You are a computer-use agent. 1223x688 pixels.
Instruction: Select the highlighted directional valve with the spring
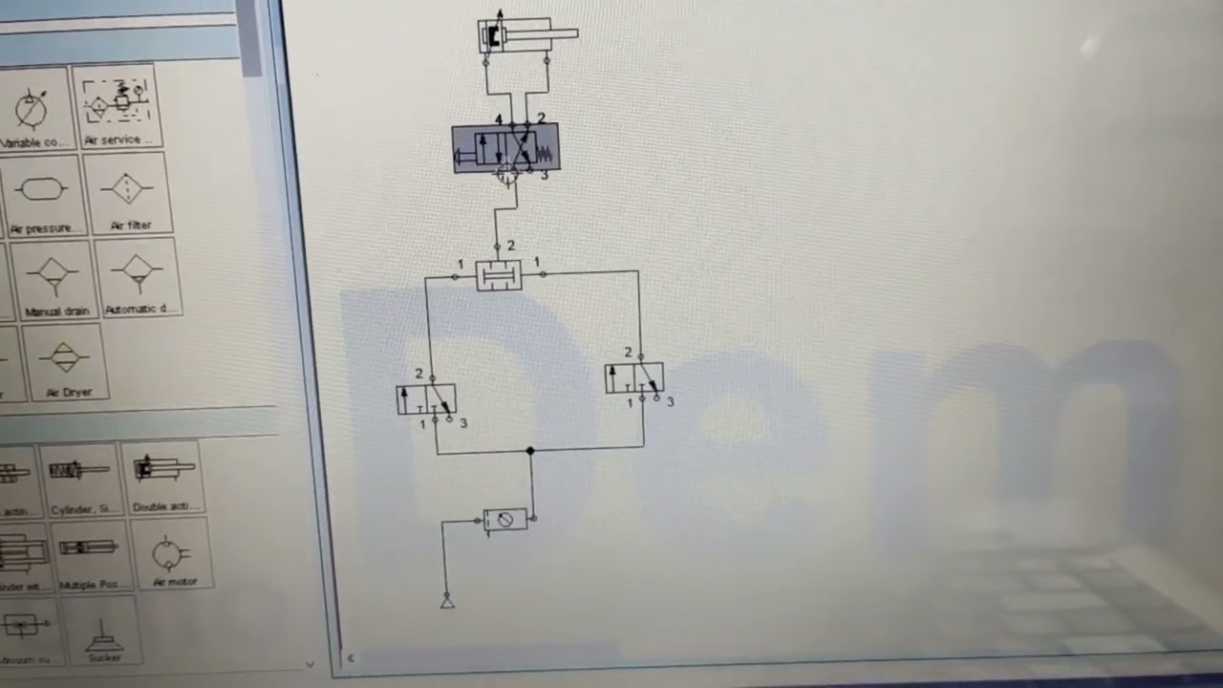pos(505,149)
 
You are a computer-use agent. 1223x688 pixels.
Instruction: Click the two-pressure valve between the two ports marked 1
pos(499,275)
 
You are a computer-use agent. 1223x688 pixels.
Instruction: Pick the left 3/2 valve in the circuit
pos(426,398)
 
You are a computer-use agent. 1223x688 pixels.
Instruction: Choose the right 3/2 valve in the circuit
pos(633,378)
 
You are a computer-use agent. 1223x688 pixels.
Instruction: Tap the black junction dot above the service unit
pos(530,450)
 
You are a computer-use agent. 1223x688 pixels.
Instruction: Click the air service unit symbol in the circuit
pos(504,520)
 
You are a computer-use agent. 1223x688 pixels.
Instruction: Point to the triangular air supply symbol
pos(446,601)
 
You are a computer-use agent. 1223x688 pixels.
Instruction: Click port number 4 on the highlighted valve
pos(498,119)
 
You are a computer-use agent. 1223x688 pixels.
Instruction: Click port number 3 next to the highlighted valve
pos(544,175)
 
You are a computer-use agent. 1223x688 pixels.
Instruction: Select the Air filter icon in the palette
pos(128,190)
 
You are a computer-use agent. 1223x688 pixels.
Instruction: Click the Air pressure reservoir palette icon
pos(42,192)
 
